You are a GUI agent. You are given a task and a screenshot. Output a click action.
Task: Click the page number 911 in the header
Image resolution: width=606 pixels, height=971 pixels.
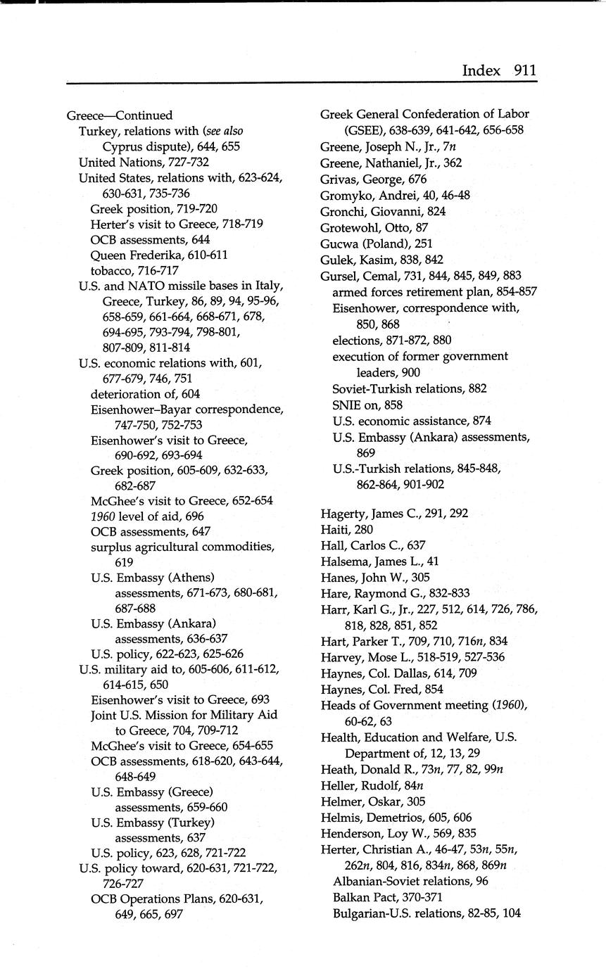coord(525,70)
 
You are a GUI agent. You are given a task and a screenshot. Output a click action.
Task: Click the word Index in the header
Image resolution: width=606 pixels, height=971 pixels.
coord(481,70)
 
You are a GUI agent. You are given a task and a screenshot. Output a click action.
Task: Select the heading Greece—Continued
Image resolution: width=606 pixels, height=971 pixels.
coord(120,115)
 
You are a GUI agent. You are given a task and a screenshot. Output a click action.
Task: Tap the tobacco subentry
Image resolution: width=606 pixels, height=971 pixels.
coord(134,270)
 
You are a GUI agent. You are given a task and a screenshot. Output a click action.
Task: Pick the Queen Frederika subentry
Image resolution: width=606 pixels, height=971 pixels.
coord(159,254)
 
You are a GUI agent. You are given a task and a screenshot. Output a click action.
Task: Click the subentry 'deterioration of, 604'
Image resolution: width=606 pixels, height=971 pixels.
coord(146,393)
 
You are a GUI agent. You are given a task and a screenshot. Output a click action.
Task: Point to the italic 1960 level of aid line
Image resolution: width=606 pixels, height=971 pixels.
coord(147,516)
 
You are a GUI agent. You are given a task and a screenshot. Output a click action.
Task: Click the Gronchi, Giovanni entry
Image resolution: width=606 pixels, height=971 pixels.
coord(383,211)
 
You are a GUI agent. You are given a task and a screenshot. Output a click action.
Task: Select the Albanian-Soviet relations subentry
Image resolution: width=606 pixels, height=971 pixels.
coord(410,881)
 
